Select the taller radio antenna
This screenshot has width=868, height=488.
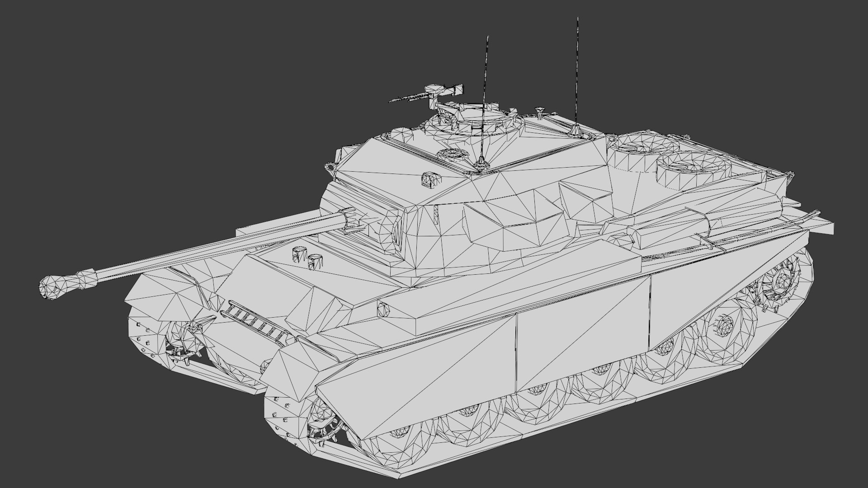click(577, 72)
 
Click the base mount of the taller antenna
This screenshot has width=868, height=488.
click(576, 131)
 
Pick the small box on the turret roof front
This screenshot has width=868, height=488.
click(429, 179)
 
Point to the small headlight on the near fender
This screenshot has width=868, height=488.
click(383, 309)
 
